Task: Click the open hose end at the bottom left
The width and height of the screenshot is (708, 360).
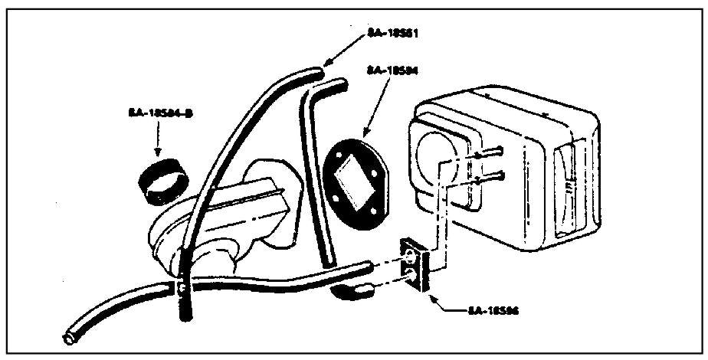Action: tap(67, 336)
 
